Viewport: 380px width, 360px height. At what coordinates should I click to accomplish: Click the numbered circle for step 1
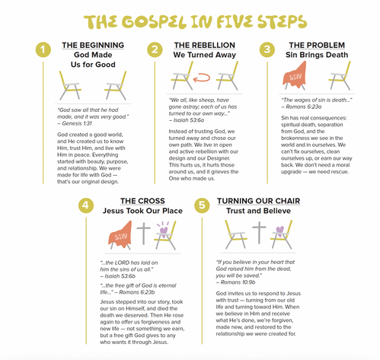click(x=43, y=49)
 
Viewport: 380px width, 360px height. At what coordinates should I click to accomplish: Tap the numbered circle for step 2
click(x=155, y=49)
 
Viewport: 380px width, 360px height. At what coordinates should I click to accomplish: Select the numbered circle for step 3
click(x=267, y=49)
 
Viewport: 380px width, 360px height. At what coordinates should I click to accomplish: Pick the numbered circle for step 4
click(x=86, y=205)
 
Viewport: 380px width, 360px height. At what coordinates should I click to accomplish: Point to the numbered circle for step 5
click(x=202, y=205)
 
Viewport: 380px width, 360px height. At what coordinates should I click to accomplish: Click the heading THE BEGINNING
click(x=93, y=45)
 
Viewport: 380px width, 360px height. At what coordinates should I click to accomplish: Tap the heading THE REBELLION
click(x=205, y=45)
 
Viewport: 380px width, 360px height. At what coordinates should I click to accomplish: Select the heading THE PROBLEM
click(x=317, y=45)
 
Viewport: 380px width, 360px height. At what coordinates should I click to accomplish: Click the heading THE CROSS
click(x=142, y=201)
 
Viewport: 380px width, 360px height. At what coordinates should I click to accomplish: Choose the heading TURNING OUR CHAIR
click(x=259, y=201)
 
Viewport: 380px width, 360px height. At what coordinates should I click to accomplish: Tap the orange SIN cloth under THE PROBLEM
click(x=295, y=75)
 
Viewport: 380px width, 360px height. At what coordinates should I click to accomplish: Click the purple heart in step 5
click(x=279, y=231)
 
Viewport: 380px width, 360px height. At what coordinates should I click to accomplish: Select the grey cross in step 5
click(x=259, y=232)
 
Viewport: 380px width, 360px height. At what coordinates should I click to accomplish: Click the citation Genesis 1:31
click(x=77, y=123)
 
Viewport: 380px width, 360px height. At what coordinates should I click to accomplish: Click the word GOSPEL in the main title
click(x=154, y=22)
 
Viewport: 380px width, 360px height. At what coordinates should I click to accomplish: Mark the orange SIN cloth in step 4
click(x=120, y=234)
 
